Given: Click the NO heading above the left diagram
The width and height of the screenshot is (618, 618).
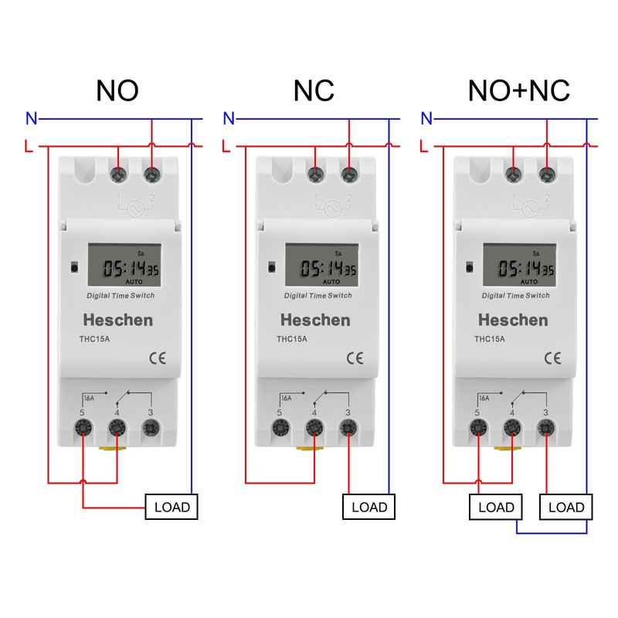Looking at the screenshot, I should click(117, 90).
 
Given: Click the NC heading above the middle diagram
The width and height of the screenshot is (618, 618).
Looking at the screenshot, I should click(314, 90).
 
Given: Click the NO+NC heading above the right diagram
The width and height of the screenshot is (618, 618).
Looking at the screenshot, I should click(518, 90).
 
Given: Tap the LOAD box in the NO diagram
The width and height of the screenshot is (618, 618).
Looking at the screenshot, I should click(172, 508).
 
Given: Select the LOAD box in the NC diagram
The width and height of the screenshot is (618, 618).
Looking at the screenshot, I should click(369, 508).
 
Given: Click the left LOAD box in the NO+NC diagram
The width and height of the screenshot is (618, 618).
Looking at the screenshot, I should click(496, 508).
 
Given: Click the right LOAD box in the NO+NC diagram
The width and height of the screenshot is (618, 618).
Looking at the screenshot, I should click(566, 508).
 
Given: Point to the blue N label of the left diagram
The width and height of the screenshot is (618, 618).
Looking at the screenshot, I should click(31, 119).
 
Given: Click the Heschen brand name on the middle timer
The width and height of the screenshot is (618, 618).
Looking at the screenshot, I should click(314, 320).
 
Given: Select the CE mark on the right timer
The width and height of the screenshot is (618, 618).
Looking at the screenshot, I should click(552, 358).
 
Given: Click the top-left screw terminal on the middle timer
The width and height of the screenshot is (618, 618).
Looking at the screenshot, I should click(315, 175).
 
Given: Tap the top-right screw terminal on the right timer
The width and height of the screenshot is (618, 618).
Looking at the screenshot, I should click(548, 175).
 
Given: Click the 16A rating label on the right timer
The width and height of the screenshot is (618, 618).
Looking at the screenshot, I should click(484, 399).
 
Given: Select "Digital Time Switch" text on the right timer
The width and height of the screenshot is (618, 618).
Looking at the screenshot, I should click(515, 296).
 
